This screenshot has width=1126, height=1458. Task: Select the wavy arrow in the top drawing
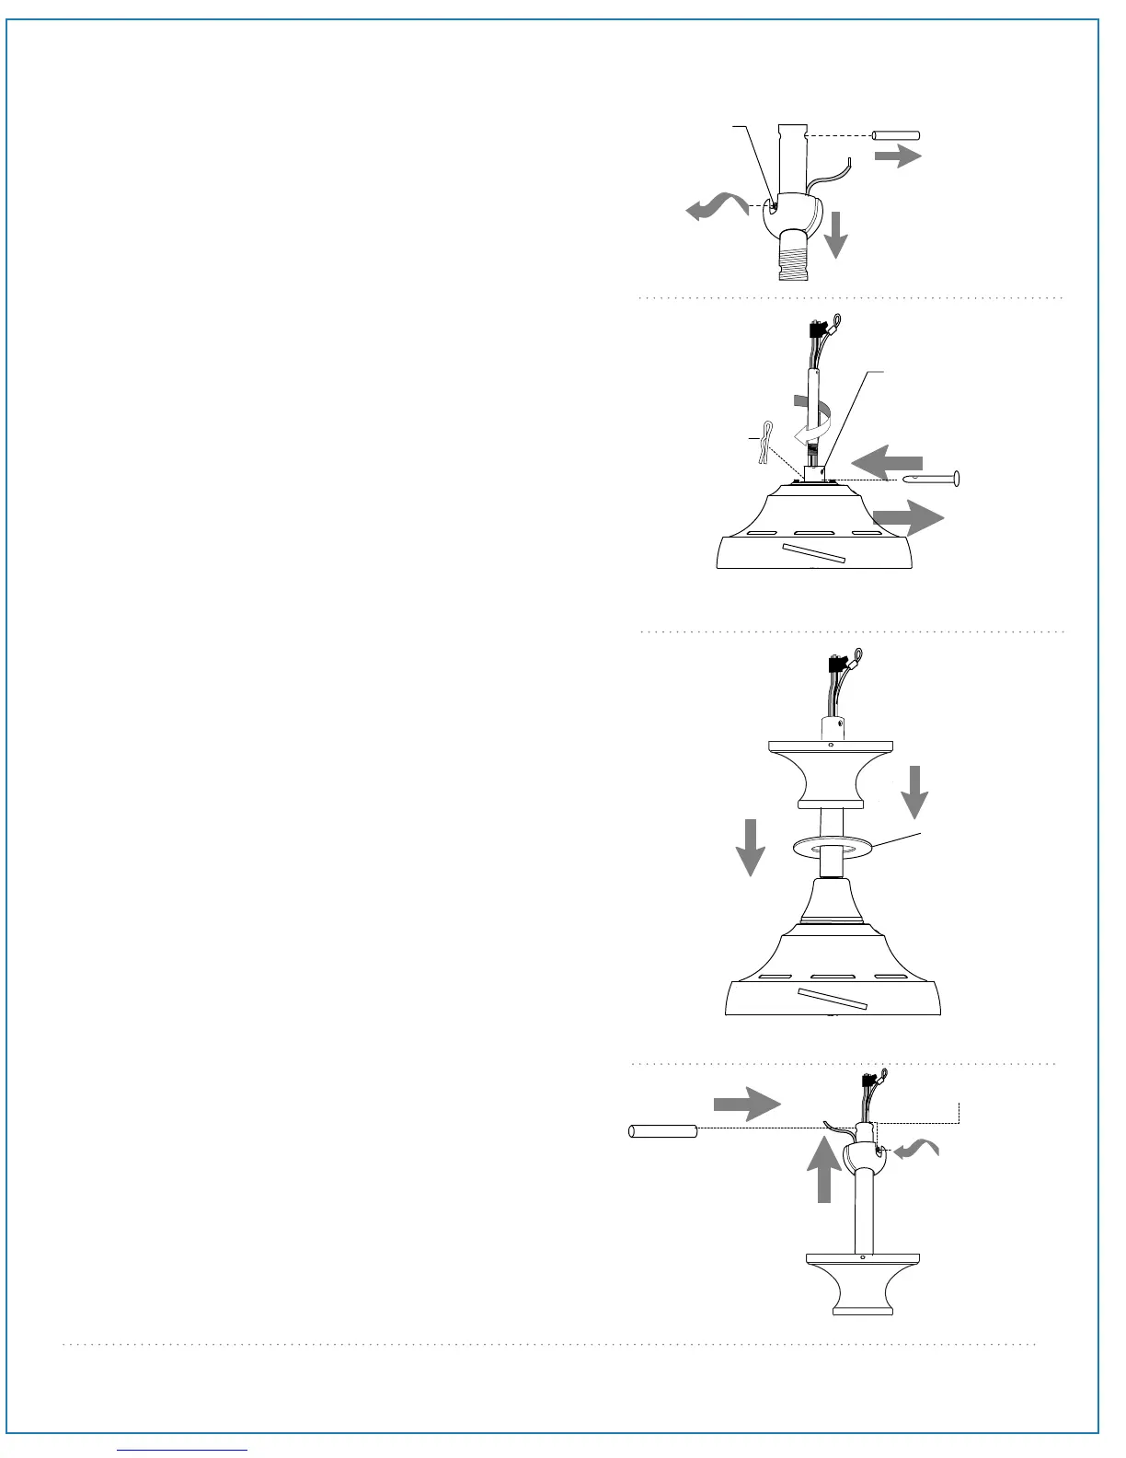click(718, 206)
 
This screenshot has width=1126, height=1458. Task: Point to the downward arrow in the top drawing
click(835, 234)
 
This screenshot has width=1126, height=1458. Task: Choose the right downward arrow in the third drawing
click(914, 789)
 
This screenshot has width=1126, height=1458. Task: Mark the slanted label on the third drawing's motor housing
click(833, 998)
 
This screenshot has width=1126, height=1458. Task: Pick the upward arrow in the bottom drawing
click(824, 1167)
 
